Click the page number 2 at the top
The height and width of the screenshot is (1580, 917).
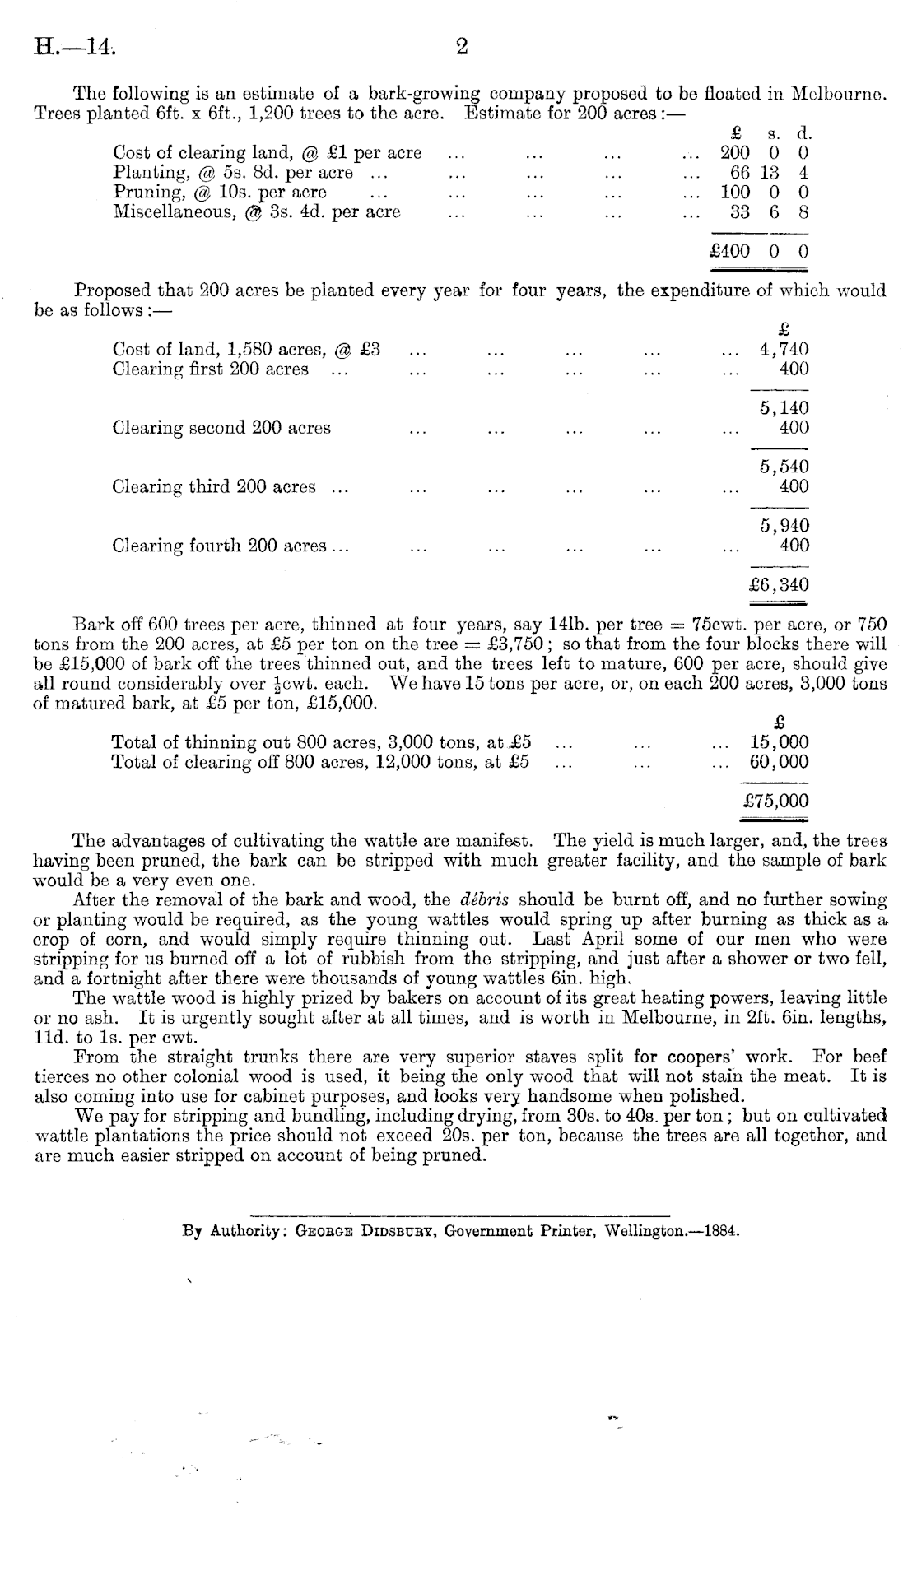point(462,47)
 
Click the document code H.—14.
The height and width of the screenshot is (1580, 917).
point(74,47)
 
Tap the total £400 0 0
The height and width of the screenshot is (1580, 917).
point(758,251)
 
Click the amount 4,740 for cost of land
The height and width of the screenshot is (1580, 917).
point(784,349)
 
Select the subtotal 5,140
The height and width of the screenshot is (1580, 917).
point(784,408)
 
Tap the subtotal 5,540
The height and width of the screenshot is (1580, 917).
point(784,467)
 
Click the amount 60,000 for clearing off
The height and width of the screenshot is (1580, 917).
point(779,761)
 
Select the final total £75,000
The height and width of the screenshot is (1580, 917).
point(775,801)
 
